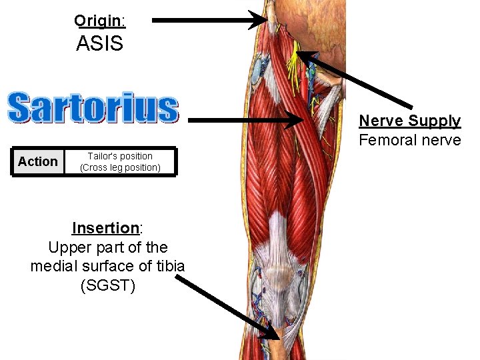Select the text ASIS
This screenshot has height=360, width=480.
[100, 44]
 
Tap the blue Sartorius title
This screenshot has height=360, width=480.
[93, 108]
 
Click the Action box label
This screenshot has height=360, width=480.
[38, 162]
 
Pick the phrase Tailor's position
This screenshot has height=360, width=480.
[120, 156]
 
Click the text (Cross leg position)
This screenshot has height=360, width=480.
[120, 167]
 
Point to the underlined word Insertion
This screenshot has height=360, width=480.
[105, 228]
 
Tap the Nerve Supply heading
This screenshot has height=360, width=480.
[410, 121]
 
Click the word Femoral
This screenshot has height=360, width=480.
[385, 140]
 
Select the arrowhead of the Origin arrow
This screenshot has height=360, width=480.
[261, 20]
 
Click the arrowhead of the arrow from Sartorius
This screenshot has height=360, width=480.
[297, 121]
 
